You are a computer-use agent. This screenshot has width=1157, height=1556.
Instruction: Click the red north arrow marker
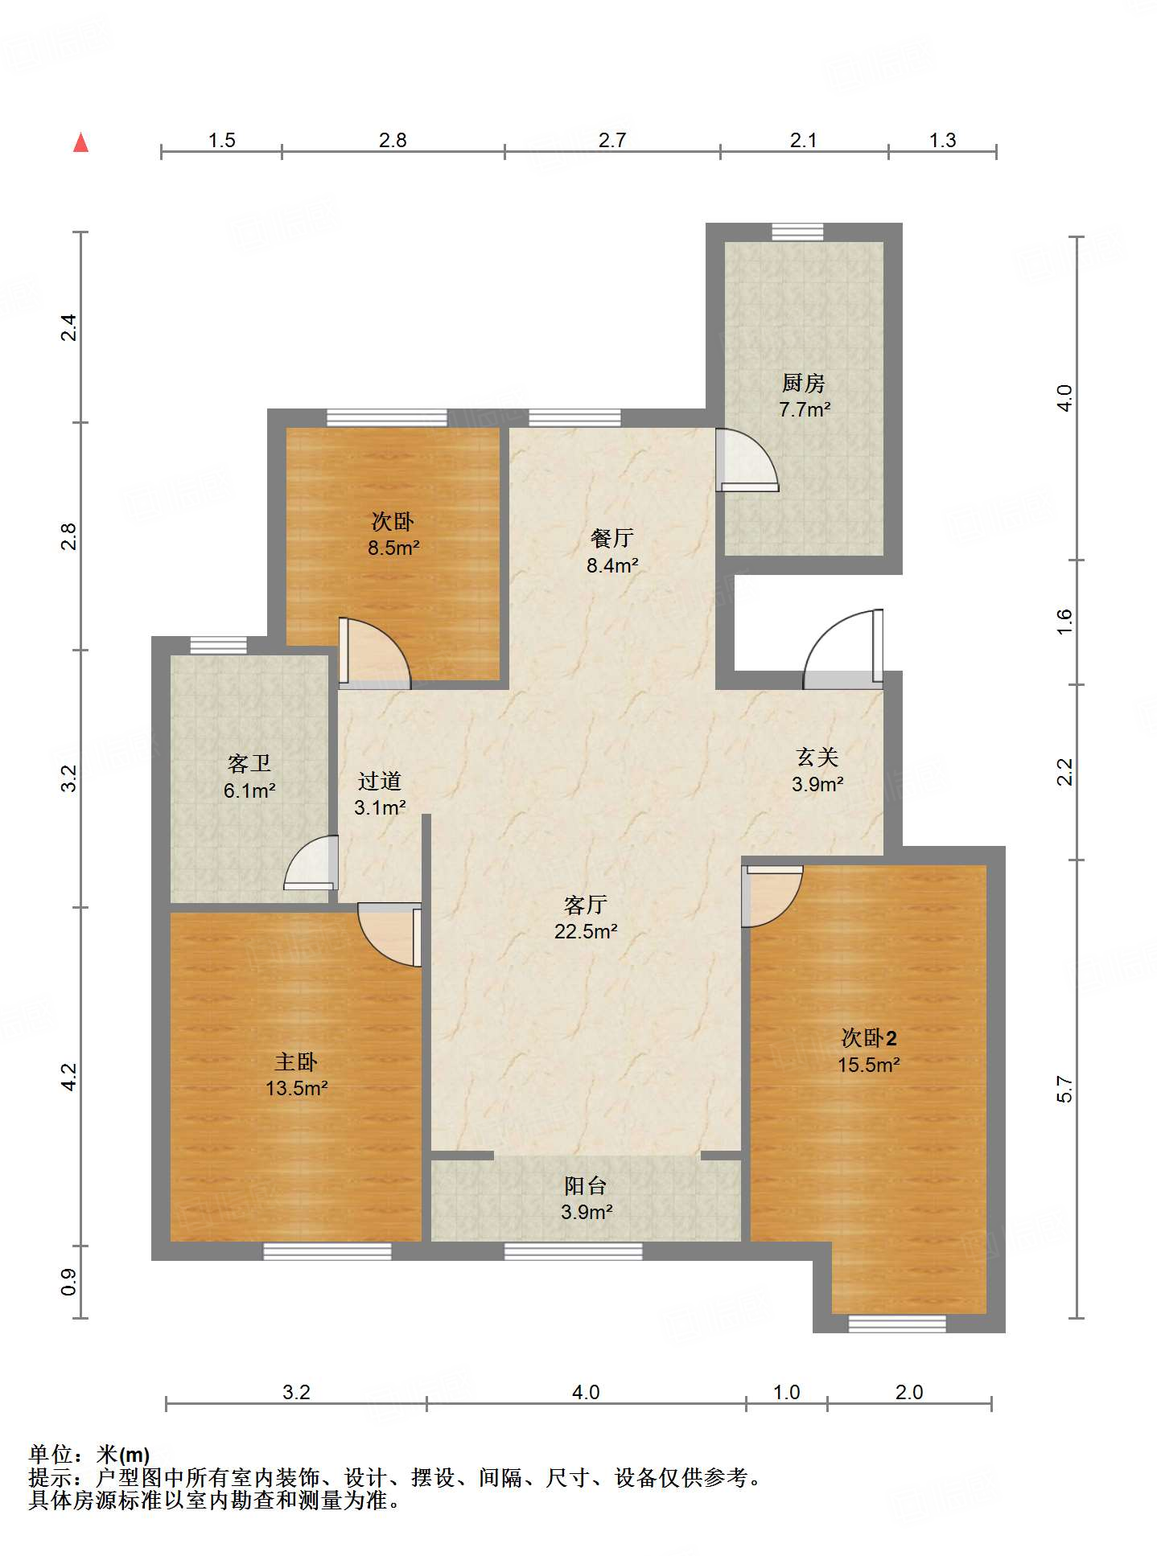tap(80, 143)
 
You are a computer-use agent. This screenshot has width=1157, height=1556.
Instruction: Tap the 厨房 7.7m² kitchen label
tap(804, 396)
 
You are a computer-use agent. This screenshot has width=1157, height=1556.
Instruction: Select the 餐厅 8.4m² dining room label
tap(611, 551)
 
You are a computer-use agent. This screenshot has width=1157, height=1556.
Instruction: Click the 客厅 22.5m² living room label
tap(585, 918)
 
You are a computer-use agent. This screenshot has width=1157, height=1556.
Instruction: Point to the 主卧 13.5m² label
tap(296, 1074)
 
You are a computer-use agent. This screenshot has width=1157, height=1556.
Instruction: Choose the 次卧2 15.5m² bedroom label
tap(868, 1050)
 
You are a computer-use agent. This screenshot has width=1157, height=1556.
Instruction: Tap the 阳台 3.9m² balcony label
tap(586, 1198)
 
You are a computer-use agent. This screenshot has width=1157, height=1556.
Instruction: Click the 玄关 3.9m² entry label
tap(817, 770)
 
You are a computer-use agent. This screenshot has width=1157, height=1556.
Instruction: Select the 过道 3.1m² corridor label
tap(379, 794)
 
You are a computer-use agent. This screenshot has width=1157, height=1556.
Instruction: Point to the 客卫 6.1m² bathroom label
tap(249, 776)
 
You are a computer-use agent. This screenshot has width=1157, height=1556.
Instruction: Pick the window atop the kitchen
tap(797, 232)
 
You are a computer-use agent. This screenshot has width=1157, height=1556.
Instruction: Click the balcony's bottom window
tap(573, 1251)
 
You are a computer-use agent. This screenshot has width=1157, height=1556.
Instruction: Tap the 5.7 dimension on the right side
tap(1064, 1089)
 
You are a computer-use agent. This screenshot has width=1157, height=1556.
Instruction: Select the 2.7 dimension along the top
tap(611, 140)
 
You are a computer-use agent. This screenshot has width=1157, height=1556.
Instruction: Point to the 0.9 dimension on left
tap(69, 1282)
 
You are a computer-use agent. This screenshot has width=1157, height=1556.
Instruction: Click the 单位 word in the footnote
tap(51, 1454)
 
